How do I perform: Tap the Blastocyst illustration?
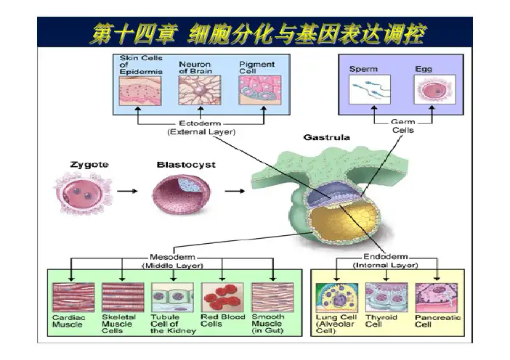click(179, 193)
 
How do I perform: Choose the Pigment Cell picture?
click(258, 93)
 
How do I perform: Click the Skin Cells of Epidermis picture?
click(139, 93)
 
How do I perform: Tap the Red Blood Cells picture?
click(222, 298)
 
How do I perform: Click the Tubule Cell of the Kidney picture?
click(172, 298)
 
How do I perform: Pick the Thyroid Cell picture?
click(386, 298)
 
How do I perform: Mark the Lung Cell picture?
click(336, 298)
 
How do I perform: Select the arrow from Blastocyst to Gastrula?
click(233, 192)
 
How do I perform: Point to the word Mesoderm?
click(171, 257)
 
